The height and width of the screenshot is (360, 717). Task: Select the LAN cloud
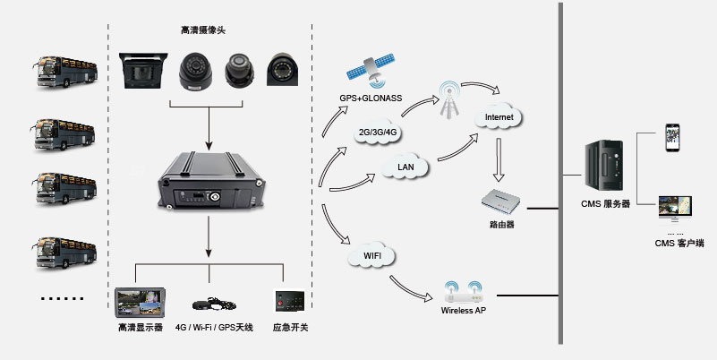[404, 166]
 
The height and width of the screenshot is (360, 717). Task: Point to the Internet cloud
[499, 116]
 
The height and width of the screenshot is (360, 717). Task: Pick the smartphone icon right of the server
[672, 140]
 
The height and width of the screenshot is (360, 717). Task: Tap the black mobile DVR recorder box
[209, 184]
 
